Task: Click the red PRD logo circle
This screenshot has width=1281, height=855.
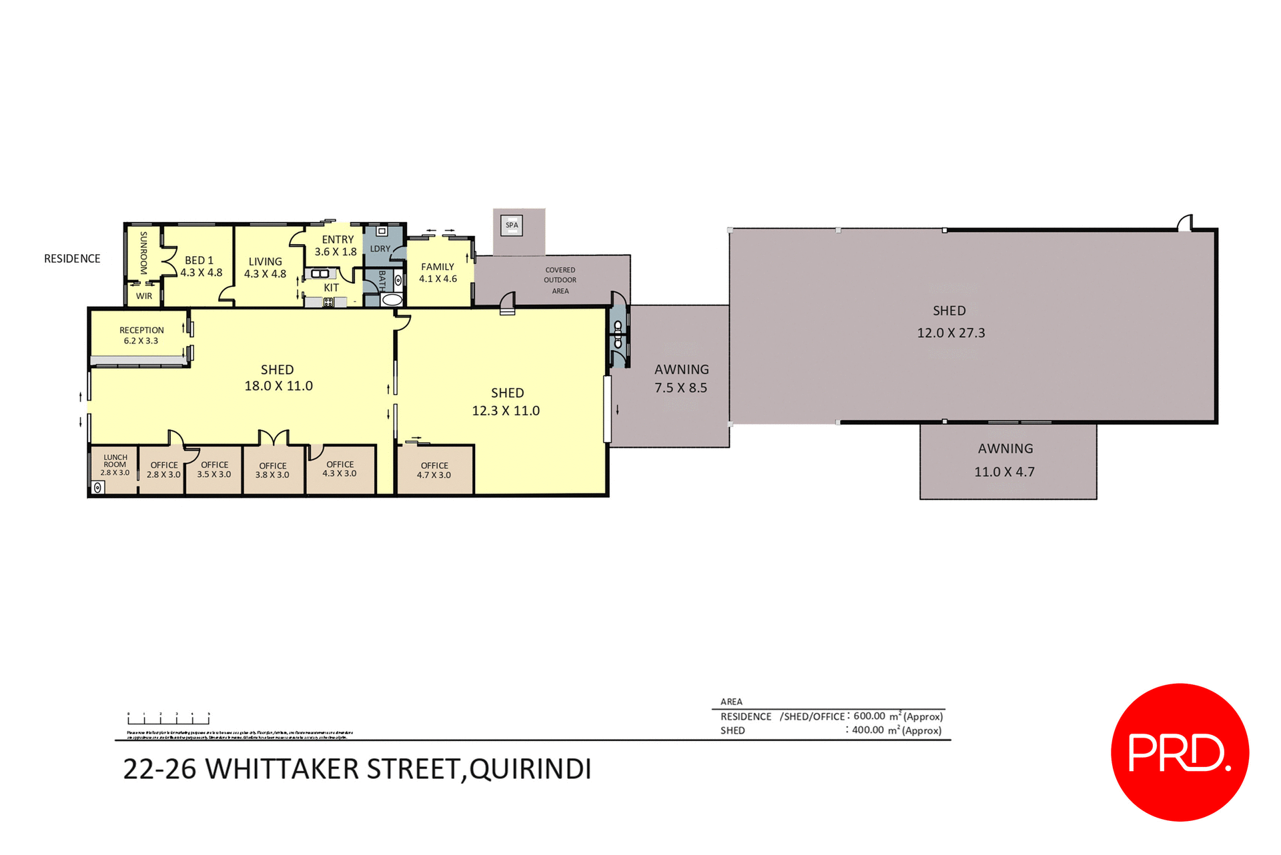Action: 1180,752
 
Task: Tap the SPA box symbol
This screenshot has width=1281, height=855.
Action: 512,225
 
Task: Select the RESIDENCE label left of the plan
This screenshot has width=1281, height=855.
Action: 72,259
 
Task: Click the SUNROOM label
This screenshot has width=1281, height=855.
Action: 143,253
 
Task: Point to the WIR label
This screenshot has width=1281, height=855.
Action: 144,296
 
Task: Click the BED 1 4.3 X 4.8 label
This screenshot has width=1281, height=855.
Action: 201,267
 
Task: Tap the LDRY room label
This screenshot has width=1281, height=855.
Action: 380,249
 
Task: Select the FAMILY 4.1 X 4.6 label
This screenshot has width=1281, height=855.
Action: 438,273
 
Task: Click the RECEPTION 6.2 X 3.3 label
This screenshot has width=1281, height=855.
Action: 141,335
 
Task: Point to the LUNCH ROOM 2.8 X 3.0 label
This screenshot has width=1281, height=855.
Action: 115,465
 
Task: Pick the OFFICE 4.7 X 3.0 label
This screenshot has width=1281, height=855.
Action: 434,470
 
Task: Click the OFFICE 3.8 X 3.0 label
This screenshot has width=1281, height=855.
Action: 272,470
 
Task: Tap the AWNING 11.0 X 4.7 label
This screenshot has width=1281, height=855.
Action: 1005,460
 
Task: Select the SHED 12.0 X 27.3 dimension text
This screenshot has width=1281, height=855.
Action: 951,333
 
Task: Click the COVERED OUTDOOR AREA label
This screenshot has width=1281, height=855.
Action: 560,280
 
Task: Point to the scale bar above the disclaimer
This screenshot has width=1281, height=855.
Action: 169,718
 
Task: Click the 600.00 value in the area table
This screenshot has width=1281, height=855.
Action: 869,716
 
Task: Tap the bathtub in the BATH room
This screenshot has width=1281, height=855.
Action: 392,300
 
